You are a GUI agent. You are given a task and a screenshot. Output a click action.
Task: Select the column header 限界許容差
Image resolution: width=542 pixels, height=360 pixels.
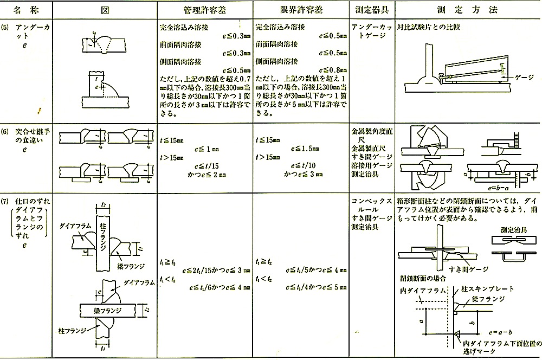300,10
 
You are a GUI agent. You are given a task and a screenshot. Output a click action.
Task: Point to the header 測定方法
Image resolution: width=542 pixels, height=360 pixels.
467,10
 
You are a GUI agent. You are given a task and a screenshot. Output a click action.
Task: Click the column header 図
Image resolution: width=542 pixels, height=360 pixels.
105,10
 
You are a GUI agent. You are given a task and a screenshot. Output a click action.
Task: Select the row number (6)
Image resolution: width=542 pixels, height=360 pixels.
6,131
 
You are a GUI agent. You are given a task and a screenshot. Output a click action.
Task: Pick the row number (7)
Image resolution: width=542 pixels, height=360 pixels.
6,198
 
